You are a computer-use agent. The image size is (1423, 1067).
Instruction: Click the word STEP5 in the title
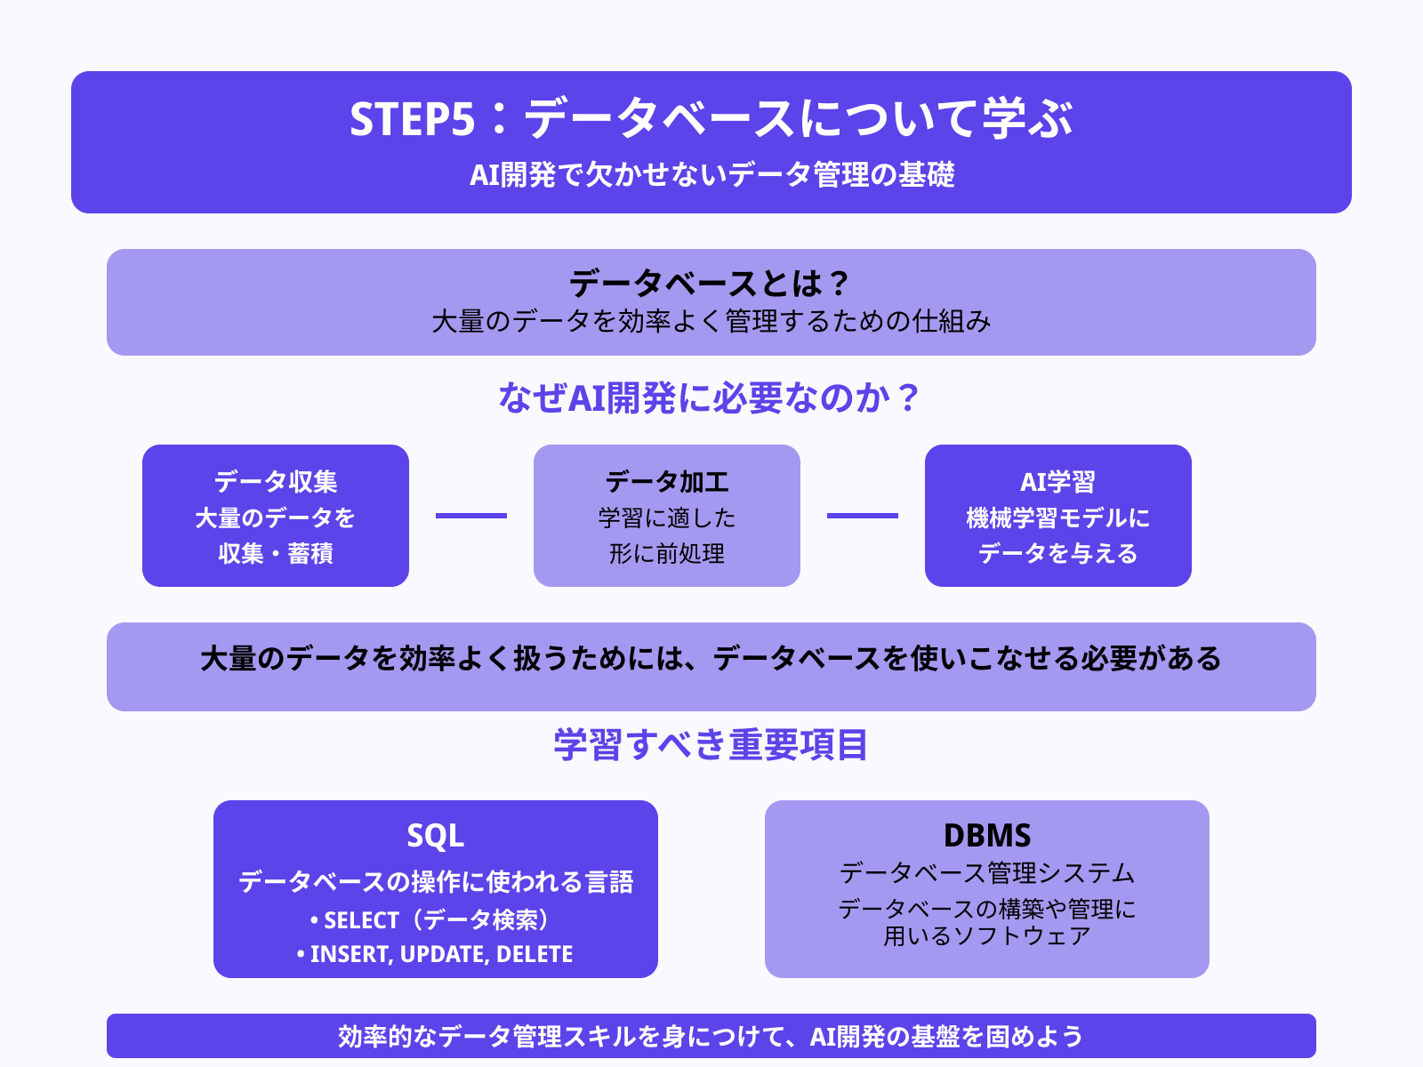click(412, 119)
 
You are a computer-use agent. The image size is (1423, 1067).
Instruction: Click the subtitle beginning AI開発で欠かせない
click(711, 174)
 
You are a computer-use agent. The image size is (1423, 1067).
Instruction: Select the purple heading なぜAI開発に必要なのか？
click(710, 397)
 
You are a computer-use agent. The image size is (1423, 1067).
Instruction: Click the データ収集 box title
click(276, 482)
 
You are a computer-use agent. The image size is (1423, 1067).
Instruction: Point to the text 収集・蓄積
click(276, 553)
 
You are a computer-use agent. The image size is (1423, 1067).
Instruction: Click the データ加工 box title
click(667, 482)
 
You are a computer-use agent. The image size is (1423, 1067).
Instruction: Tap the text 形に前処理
click(667, 553)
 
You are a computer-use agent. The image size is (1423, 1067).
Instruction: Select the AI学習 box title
click(1057, 482)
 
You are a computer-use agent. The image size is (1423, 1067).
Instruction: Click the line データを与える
click(1057, 553)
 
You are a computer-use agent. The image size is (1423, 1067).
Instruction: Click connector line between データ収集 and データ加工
click(471, 516)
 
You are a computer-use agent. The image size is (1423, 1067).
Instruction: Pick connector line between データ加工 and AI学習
click(863, 516)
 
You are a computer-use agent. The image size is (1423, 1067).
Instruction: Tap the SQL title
click(436, 836)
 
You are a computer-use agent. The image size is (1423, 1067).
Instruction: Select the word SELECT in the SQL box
click(361, 920)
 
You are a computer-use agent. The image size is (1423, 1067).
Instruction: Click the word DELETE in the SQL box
click(535, 954)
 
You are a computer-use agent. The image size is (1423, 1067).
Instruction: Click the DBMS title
click(987, 836)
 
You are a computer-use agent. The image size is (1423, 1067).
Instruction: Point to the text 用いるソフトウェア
click(987, 935)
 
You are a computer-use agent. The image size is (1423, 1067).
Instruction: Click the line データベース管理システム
click(987, 873)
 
